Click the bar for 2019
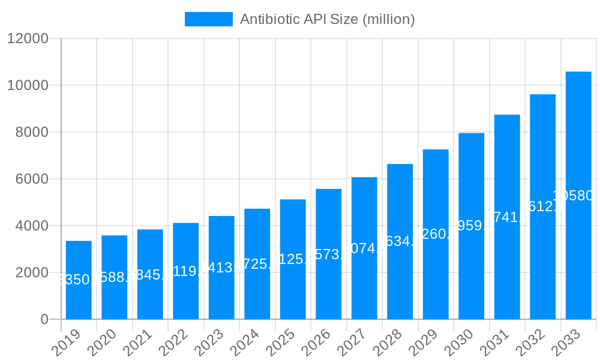pos(79,280)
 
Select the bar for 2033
pos(578,196)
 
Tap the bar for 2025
pos(293,259)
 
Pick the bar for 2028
pos(400,242)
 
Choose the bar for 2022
pos(185,271)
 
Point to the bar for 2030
pos(471,226)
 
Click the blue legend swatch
pos(208,19)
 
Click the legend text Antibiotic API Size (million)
pos(327,19)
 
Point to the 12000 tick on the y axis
pos(28,39)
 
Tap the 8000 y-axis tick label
pos(31,133)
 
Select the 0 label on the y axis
pos(44,320)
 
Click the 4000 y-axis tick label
pos(31,226)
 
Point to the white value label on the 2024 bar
pos(257,264)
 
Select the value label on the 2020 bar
pos(114,277)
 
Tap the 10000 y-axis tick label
pos(28,86)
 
